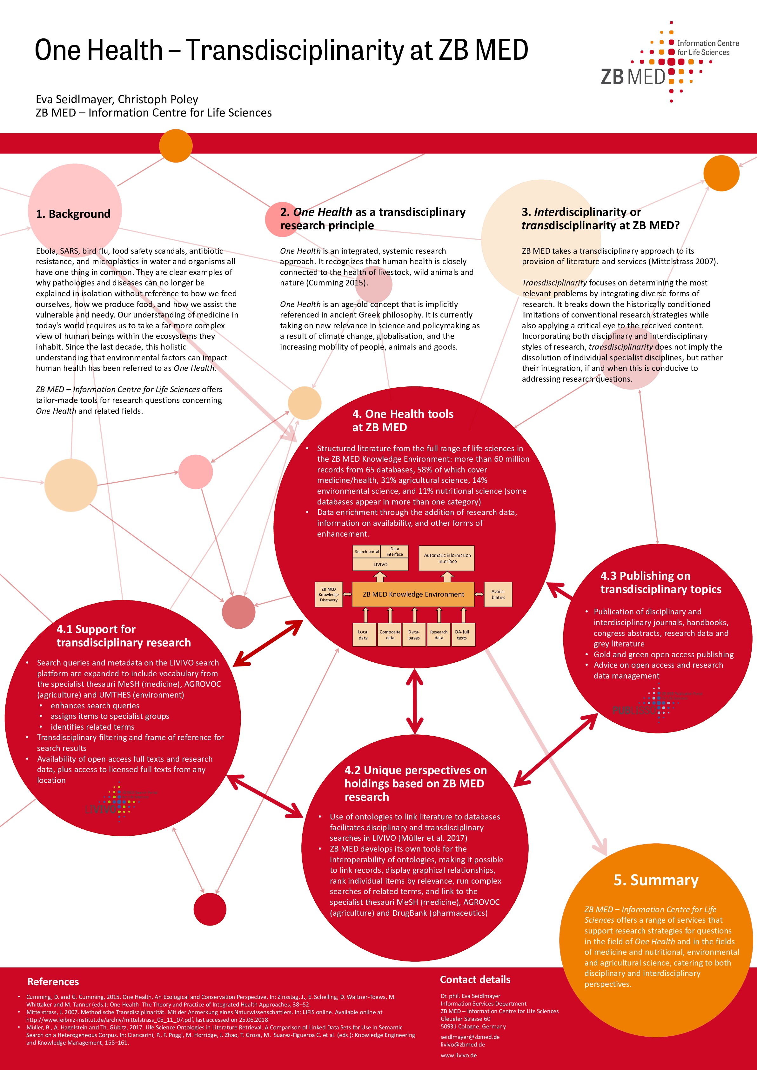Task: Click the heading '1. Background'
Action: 73,214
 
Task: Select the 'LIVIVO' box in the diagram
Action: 380,564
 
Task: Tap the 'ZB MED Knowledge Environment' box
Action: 413,594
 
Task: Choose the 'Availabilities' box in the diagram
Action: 498,594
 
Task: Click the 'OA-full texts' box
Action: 462,635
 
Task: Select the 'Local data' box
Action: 363,635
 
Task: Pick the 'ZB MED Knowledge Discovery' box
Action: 329,594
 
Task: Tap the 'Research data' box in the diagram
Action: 439,635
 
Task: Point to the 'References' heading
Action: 53,982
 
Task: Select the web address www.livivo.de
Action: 459,1055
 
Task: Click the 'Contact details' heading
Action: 475,980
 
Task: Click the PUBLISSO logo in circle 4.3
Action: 657,704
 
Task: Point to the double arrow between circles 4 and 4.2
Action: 414,702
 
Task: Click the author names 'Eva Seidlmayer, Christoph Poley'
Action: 117,99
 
